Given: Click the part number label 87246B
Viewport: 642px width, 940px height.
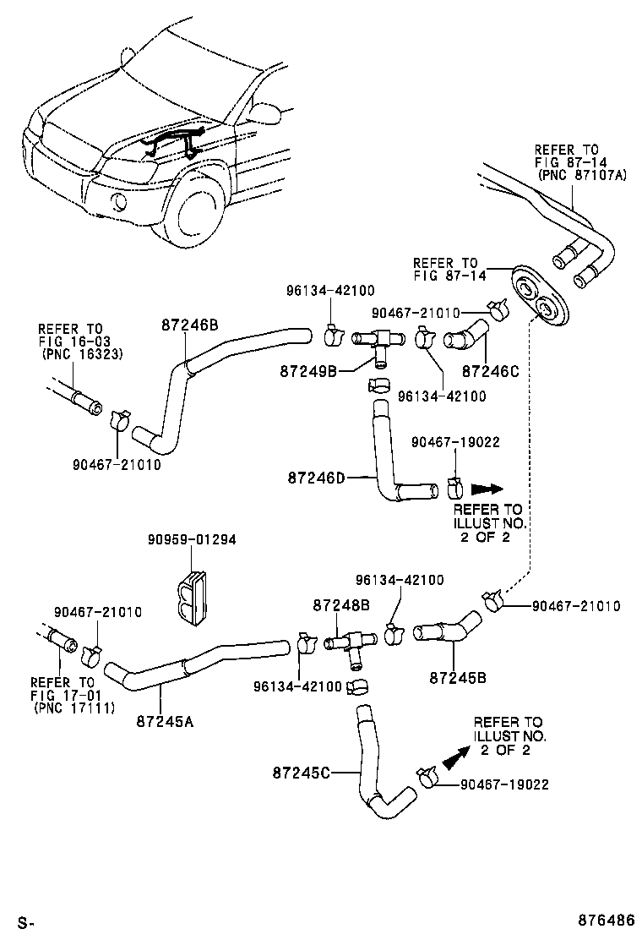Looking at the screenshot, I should [x=190, y=324].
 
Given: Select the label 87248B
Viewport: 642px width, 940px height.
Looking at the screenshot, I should [x=341, y=605].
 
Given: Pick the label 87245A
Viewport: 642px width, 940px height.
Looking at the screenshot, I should [x=166, y=721].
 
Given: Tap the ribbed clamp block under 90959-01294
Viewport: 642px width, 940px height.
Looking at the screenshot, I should [x=193, y=597].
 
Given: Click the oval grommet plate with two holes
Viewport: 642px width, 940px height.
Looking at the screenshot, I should [x=540, y=298].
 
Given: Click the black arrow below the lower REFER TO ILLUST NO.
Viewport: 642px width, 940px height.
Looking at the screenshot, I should [x=455, y=757].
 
